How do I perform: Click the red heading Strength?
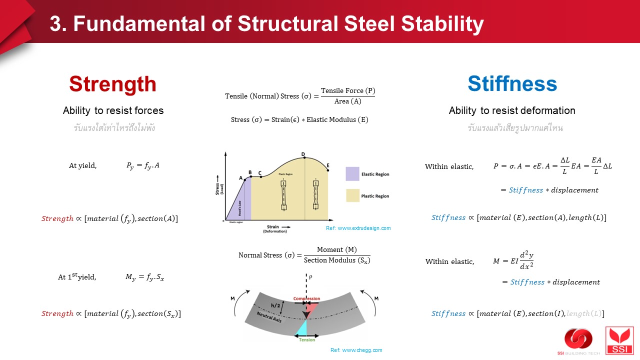click(x=112, y=84)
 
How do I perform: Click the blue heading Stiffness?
click(x=512, y=84)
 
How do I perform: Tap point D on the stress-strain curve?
click(x=303, y=155)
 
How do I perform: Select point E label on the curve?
click(x=328, y=165)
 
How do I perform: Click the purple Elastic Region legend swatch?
click(x=352, y=174)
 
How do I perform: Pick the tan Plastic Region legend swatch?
click(x=352, y=195)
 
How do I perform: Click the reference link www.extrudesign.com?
click(x=358, y=228)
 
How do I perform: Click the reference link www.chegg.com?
click(x=356, y=350)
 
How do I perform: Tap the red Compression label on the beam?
click(x=306, y=299)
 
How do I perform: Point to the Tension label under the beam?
click(x=307, y=339)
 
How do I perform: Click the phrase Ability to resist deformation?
click(x=512, y=110)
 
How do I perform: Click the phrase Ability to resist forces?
click(x=113, y=110)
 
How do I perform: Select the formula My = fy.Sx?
click(x=144, y=277)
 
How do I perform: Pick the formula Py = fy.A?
click(x=142, y=166)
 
